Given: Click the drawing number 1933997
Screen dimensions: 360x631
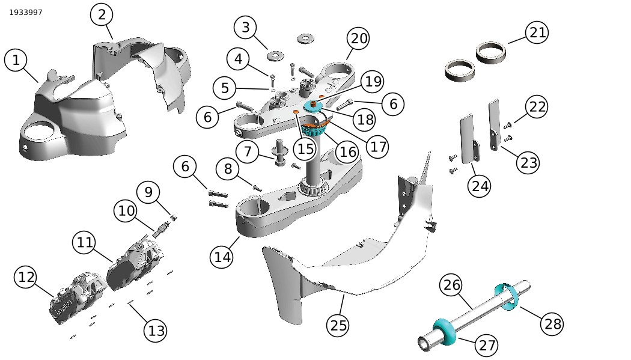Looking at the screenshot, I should pyautogui.click(x=26, y=13).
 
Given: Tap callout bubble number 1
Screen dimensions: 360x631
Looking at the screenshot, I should pyautogui.click(x=16, y=60).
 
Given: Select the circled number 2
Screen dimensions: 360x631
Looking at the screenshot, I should pyautogui.click(x=102, y=15).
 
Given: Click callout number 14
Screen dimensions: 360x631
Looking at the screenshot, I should pyautogui.click(x=222, y=257).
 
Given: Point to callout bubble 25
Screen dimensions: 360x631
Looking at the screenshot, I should pyautogui.click(x=339, y=325).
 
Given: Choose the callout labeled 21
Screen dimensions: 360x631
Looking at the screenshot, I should pyautogui.click(x=537, y=32).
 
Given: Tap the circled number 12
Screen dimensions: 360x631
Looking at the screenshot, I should pyautogui.click(x=26, y=277).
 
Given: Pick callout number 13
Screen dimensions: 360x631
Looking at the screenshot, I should pyautogui.click(x=156, y=331).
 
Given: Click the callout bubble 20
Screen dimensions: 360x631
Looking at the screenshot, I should pyautogui.click(x=359, y=39).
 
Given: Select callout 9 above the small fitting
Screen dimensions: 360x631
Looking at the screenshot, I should pyautogui.click(x=148, y=192).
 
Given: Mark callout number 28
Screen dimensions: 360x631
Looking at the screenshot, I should pyautogui.click(x=551, y=325).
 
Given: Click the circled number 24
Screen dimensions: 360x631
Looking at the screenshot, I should pyautogui.click(x=480, y=186).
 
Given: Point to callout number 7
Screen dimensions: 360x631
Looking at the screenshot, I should pyautogui.click(x=248, y=151).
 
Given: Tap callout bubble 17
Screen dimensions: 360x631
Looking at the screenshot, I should pyautogui.click(x=377, y=146).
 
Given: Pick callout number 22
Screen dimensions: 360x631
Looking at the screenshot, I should pyautogui.click(x=537, y=107).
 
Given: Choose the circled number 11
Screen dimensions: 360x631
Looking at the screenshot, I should pyautogui.click(x=85, y=243).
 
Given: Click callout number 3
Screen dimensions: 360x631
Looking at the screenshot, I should pyautogui.click(x=245, y=28).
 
